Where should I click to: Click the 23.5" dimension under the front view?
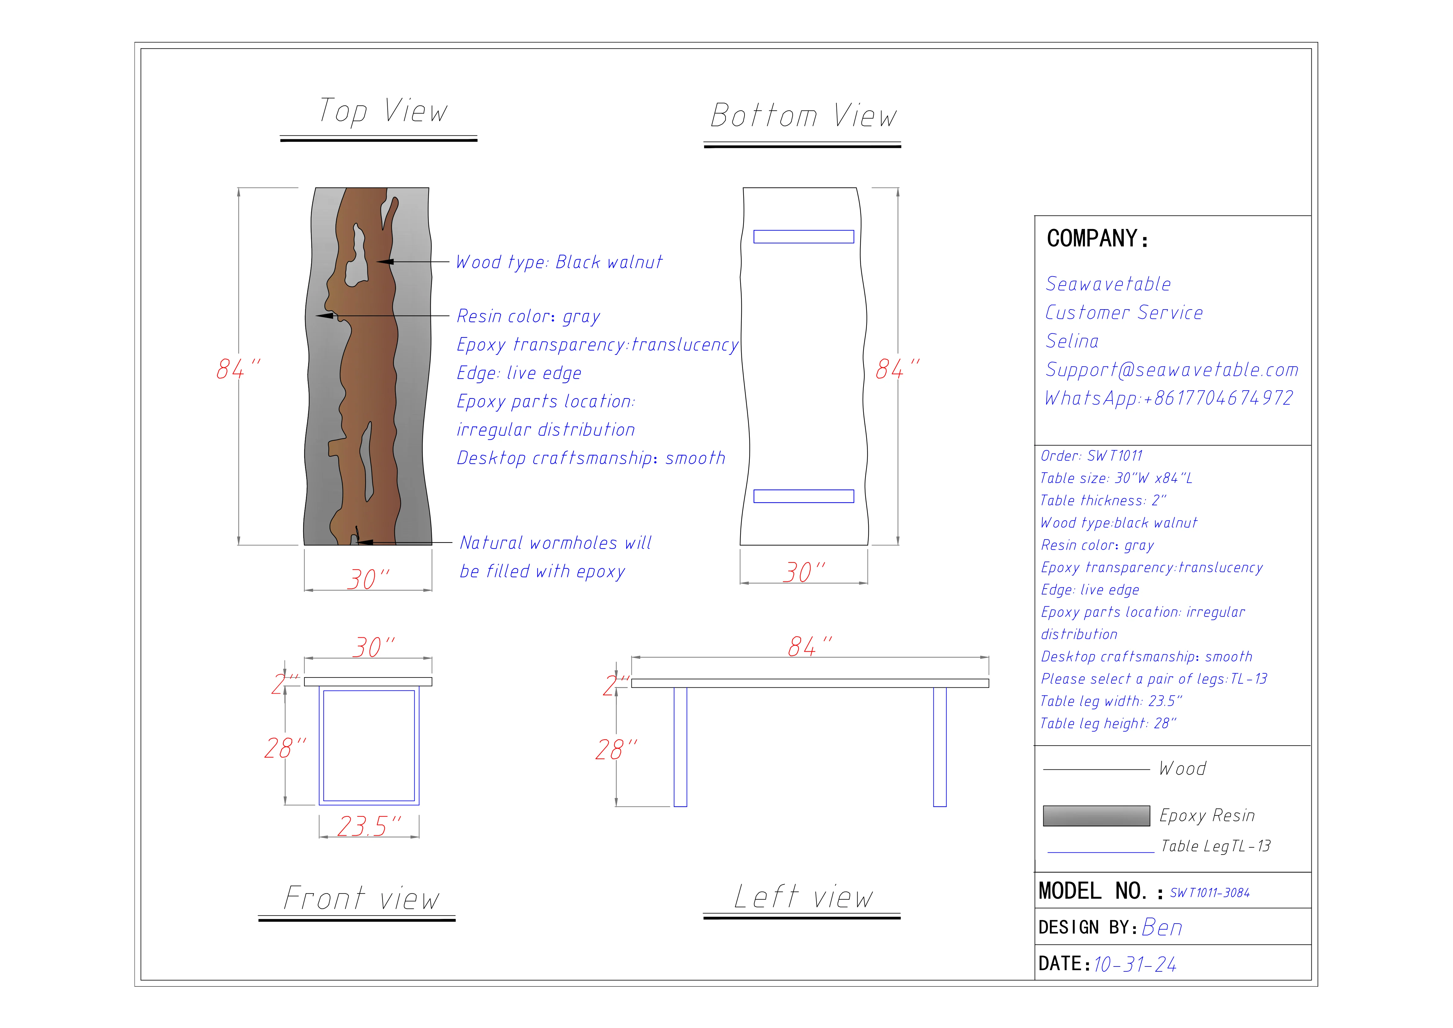(x=369, y=826)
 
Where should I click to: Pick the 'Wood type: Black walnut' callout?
(x=559, y=262)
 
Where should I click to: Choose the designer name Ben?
(x=1162, y=928)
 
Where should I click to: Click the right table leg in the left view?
(x=940, y=747)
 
